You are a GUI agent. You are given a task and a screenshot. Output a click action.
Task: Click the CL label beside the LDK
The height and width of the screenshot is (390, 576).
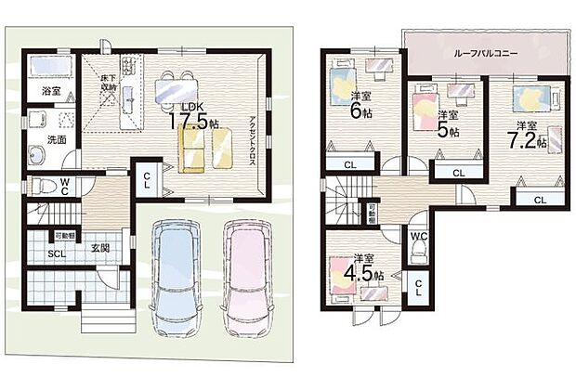coord(147,182)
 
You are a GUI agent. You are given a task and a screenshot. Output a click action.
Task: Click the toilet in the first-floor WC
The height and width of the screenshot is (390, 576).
coord(42,185)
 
